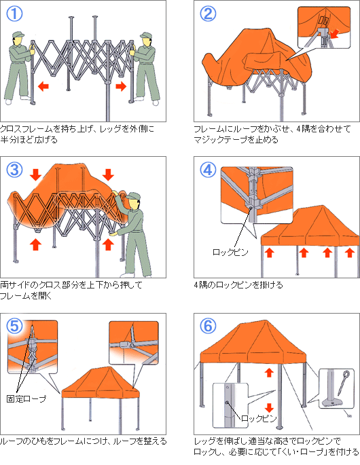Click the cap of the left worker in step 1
click(21, 34)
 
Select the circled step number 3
click(16, 170)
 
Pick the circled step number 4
click(209, 170)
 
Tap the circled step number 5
click(16, 325)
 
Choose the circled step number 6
click(209, 325)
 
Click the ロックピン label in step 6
click(258, 419)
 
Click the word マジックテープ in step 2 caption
click(217, 139)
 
